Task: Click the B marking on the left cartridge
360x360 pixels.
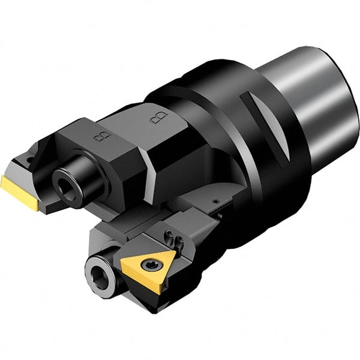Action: click(100, 136)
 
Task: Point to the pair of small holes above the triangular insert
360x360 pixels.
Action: click(177, 240)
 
